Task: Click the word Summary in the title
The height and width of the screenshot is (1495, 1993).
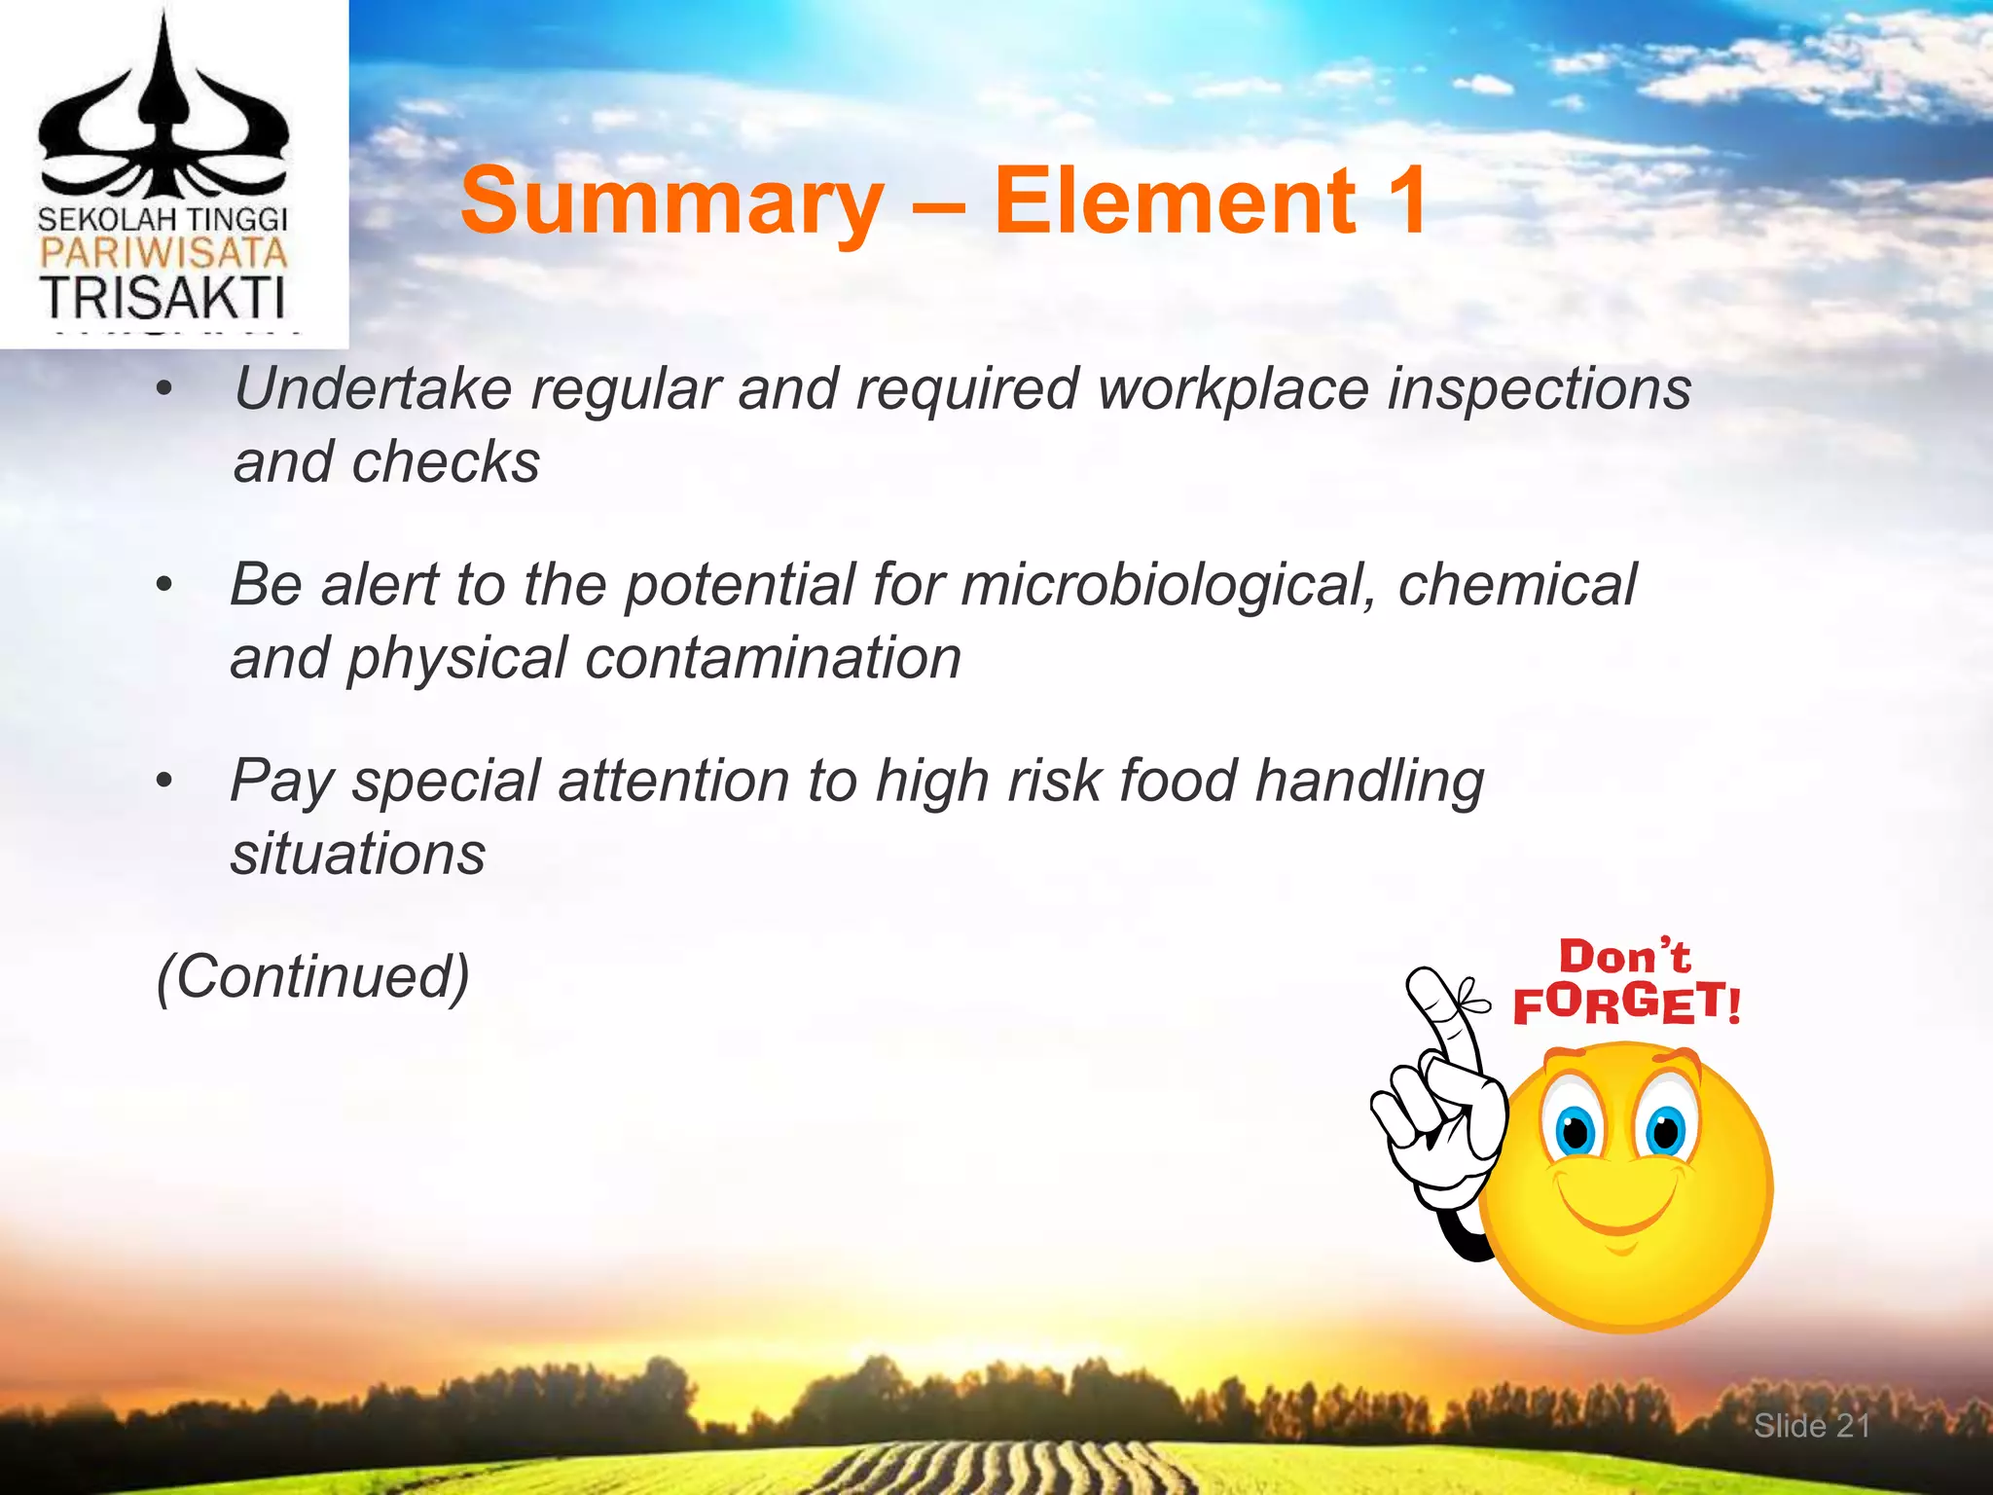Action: tap(671, 202)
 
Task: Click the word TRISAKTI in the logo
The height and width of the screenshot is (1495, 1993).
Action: tap(163, 299)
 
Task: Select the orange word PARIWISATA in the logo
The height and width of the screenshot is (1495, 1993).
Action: tap(163, 255)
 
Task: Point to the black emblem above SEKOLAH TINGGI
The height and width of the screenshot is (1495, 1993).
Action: tap(163, 117)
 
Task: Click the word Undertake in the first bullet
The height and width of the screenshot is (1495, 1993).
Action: tap(373, 388)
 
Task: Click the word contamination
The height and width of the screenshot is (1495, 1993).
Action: tap(774, 658)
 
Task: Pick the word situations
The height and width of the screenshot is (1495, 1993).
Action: tap(357, 855)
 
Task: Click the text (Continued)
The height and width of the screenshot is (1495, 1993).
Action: tap(313, 976)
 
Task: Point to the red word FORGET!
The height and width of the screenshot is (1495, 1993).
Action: tap(1626, 1003)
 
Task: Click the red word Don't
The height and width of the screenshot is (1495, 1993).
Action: tap(1624, 957)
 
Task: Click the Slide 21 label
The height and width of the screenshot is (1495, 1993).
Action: tap(1811, 1426)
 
